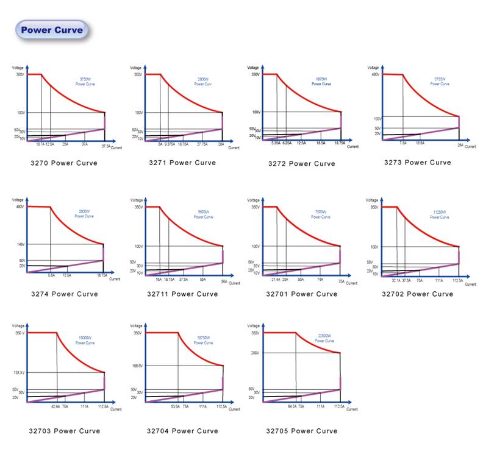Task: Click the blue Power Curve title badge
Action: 52,30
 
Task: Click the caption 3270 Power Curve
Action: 63,163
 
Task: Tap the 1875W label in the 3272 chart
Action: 321,78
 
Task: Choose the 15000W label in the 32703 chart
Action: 85,338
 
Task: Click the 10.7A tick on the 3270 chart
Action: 40,144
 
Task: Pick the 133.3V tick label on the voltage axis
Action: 18,372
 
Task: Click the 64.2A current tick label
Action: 292,406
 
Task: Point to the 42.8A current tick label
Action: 55,406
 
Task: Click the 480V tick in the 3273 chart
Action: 375,74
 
